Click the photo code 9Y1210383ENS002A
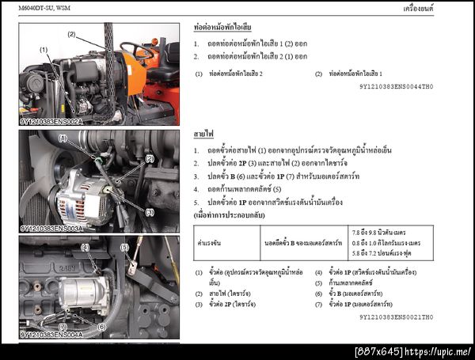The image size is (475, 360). click(x=51, y=122)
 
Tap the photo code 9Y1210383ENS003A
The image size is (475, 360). click(x=51, y=228)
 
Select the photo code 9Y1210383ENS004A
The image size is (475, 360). click(x=51, y=335)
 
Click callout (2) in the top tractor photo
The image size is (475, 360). click(x=71, y=34)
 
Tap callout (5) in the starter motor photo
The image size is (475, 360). click(x=123, y=248)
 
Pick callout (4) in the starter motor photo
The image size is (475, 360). click(x=85, y=248)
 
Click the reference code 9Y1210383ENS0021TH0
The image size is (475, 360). click(x=396, y=316)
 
